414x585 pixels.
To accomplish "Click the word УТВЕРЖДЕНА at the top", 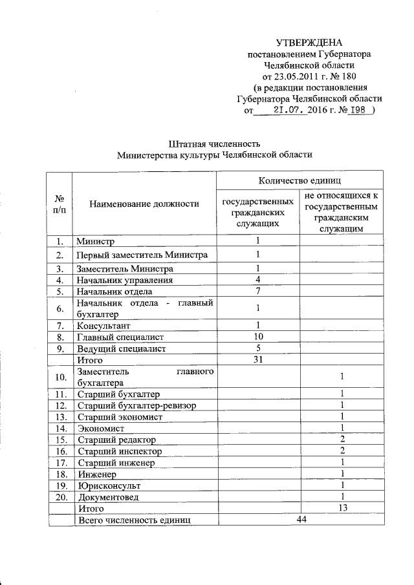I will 309,43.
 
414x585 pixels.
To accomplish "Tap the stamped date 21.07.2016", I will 298,110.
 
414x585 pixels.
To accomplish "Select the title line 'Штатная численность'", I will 213,143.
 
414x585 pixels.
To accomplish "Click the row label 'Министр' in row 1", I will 96,242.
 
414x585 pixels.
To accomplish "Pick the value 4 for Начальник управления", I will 257,280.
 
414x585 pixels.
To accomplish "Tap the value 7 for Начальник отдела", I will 257,291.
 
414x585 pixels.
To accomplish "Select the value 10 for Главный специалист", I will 257,337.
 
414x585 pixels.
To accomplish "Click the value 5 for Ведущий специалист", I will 257,348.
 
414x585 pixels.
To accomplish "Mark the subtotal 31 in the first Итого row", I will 257,360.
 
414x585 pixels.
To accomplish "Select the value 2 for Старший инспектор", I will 342,451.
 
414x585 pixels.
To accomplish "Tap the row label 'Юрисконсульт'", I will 108,485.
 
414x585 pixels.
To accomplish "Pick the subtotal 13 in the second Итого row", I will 342,509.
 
